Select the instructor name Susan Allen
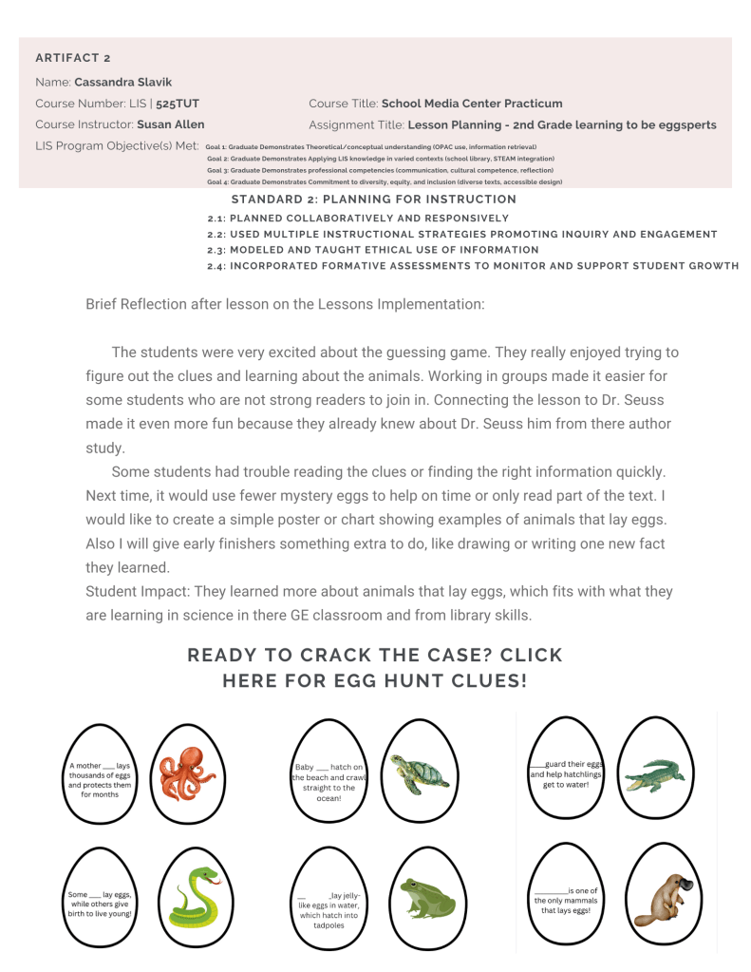[x=170, y=124]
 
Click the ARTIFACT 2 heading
[x=73, y=58]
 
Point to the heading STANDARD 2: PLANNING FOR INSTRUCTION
[x=373, y=200]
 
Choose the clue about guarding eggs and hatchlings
[x=566, y=773]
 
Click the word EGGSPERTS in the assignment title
[x=678, y=124]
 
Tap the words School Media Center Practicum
[x=472, y=103]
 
